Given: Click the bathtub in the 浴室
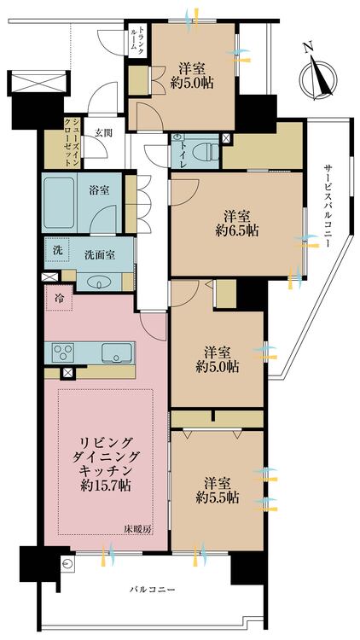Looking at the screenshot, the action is [x=59, y=203].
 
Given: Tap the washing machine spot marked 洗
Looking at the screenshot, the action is [x=57, y=251].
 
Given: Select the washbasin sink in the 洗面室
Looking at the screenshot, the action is [x=99, y=282].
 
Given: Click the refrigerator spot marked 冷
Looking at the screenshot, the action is [x=59, y=298].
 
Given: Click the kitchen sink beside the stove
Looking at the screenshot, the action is [x=117, y=352].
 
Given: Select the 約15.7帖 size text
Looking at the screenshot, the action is [x=106, y=486].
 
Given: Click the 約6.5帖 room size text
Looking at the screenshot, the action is [x=236, y=231].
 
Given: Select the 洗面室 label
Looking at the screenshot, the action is [x=99, y=254].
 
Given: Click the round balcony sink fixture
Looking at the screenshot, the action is [x=67, y=565].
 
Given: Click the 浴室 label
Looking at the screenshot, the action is [x=99, y=190].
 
